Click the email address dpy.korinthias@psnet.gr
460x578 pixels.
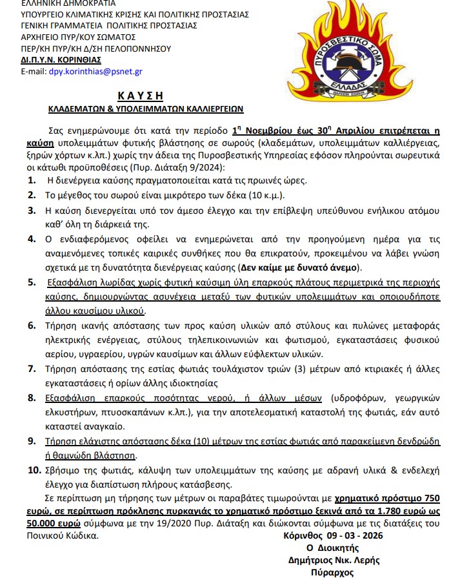point(95,71)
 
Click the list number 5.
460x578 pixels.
point(32,282)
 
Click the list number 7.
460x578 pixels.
point(32,369)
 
